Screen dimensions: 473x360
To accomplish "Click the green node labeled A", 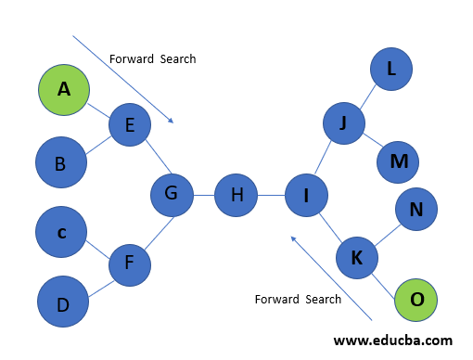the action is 63,89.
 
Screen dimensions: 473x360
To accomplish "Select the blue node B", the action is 60,163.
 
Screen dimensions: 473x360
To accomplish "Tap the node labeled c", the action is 61,232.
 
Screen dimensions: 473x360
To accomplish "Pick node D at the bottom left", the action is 63,302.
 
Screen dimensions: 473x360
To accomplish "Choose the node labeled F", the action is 130,264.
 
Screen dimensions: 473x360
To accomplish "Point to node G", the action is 172,194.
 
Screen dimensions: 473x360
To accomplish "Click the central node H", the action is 236,195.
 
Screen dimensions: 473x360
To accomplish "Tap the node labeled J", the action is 344,123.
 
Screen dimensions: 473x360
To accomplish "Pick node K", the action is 356,258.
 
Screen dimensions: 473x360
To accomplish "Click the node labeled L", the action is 390,69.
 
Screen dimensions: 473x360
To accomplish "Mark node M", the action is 399,161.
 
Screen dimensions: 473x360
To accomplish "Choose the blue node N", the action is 416,210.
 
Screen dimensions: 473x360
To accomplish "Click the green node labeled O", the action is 416,299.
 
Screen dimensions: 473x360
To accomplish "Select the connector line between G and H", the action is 203,195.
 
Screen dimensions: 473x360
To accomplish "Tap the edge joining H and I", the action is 271,195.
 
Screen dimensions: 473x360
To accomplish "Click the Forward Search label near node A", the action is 152,58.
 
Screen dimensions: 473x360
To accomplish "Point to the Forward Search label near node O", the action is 298,299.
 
